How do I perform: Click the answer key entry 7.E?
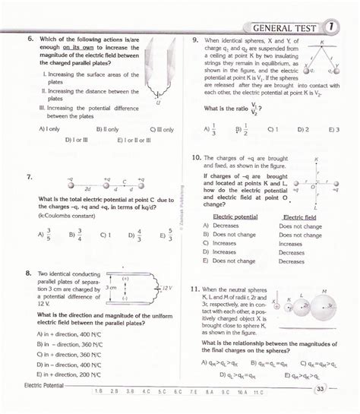192,390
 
